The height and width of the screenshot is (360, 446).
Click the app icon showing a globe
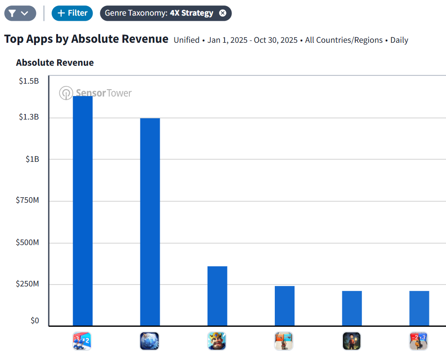(150, 341)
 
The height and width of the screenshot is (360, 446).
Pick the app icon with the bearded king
(217, 341)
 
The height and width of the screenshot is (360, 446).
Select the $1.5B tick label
(29, 81)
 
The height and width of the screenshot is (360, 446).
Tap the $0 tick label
(35, 320)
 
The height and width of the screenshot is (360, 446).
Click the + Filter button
(72, 13)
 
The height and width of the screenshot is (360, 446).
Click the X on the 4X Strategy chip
(223, 13)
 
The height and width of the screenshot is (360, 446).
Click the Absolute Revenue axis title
(55, 63)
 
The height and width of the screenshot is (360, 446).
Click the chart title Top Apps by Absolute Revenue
(87, 39)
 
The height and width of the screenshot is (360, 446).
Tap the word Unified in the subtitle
(186, 40)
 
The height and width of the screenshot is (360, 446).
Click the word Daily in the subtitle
(399, 40)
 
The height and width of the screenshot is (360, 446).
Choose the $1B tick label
(32, 159)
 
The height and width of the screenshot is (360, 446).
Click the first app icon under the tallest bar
(82, 341)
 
